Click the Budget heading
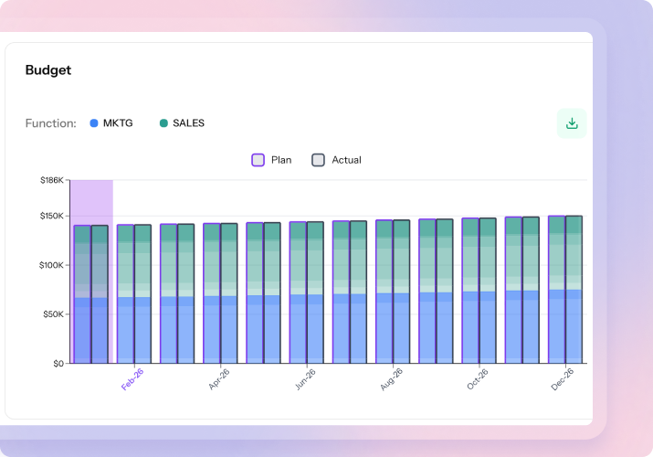pyautogui.click(x=47, y=70)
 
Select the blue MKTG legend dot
pyautogui.click(x=94, y=123)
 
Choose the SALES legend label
pyautogui.click(x=188, y=123)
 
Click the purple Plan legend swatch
pyautogui.click(x=258, y=160)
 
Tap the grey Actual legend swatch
pyautogui.click(x=318, y=160)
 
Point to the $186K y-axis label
pyautogui.click(x=52, y=181)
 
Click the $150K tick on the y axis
pyautogui.click(x=52, y=217)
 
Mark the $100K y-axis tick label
pyautogui.click(x=52, y=265)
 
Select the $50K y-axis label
pyautogui.click(x=54, y=314)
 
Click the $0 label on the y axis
pyautogui.click(x=58, y=364)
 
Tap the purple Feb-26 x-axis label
pyautogui.click(x=132, y=379)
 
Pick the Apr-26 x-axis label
pyautogui.click(x=219, y=379)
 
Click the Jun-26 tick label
pyautogui.click(x=305, y=379)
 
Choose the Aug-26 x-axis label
pyautogui.click(x=392, y=379)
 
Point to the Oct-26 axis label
pyautogui.click(x=478, y=379)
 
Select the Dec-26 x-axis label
pyautogui.click(x=563, y=379)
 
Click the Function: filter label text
pyautogui.click(x=51, y=123)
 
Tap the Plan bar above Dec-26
pyautogui.click(x=556, y=292)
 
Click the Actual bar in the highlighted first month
pyautogui.click(x=100, y=292)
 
